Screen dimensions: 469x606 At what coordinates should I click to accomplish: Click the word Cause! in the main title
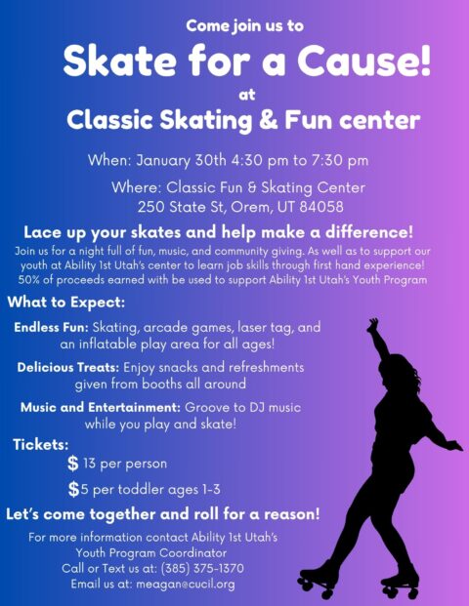click(363, 61)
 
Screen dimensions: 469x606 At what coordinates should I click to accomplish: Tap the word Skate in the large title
click(120, 61)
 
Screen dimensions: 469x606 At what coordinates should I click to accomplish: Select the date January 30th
click(181, 160)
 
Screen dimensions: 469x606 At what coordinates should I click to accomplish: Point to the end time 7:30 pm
click(340, 160)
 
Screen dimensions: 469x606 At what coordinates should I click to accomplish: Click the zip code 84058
click(321, 207)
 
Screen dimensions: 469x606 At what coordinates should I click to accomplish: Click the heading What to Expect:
click(66, 303)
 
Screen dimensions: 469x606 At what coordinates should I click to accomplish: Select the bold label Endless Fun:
click(52, 327)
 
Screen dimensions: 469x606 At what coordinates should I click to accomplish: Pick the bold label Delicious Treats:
click(68, 367)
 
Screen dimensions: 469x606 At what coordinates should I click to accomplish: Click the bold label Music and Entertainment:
click(101, 407)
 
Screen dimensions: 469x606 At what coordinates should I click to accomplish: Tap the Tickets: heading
click(41, 444)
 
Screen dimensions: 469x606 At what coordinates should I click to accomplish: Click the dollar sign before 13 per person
click(72, 463)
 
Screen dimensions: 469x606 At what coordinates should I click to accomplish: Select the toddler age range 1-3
click(211, 490)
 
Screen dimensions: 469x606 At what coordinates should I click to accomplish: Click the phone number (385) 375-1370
click(202, 568)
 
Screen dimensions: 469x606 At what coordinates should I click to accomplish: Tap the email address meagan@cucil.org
click(186, 584)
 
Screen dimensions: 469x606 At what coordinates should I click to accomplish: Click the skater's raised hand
click(372, 325)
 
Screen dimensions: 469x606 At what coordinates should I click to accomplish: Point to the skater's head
click(399, 369)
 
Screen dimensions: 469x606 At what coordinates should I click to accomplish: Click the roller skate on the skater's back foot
click(317, 580)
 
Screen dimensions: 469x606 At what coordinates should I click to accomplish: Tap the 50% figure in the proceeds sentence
click(28, 279)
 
